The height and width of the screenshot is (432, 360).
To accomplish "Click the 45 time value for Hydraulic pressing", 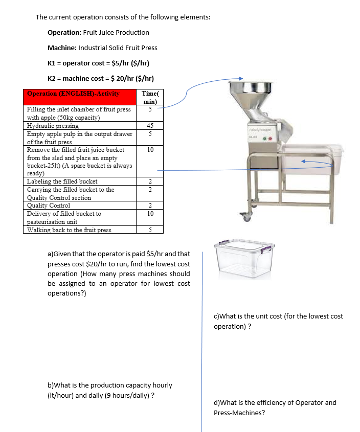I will pos(149,126).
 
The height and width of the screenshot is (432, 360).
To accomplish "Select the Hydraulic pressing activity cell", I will pos(53,126).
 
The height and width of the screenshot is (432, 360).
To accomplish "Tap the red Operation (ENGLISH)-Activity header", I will pos(73,94).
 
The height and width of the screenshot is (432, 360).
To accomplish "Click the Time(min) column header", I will pos(149,97).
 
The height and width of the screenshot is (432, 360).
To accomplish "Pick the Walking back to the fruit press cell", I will pos(69,230).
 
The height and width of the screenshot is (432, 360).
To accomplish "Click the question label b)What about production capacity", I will pos(65,385).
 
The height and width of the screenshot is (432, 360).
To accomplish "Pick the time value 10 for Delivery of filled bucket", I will pos(149,214).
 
